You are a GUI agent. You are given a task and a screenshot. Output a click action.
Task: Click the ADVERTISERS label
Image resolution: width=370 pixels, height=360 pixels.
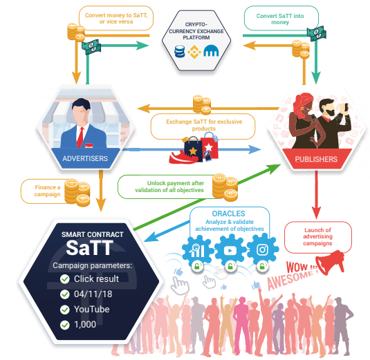coord(85,158)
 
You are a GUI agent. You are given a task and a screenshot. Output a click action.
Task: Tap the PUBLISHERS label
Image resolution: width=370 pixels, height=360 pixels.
coord(316,159)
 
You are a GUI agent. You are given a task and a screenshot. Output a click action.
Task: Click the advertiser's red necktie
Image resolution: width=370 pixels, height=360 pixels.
coord(80,138)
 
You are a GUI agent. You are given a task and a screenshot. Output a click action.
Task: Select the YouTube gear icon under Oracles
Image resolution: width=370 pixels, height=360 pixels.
coord(230,250)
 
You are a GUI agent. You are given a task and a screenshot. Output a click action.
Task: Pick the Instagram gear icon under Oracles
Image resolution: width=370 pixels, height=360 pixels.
coord(262,250)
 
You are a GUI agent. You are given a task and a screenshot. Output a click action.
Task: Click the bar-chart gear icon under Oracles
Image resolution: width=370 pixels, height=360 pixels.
coord(197,251)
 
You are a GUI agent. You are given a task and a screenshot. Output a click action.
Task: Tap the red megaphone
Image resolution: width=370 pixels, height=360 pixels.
coord(330,262)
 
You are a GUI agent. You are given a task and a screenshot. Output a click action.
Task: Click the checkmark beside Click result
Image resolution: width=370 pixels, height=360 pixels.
coord(64,279)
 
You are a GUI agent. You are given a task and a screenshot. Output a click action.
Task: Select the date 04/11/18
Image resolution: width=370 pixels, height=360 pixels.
coord(93,294)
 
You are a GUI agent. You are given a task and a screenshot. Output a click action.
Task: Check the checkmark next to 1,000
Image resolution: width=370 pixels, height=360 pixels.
coord(64,325)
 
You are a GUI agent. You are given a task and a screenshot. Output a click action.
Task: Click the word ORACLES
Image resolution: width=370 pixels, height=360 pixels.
coord(228,214)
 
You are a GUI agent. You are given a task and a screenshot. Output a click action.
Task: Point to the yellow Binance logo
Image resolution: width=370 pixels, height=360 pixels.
coord(194,52)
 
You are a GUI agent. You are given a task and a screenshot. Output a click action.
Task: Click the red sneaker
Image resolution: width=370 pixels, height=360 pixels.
coord(183,158)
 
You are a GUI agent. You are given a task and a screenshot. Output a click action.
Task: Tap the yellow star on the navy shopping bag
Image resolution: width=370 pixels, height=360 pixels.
coord(193,151)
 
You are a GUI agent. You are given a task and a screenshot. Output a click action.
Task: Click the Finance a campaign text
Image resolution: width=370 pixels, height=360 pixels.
coord(48,191)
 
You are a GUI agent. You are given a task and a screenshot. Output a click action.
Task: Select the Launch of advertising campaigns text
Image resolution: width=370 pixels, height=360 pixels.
coord(317,236)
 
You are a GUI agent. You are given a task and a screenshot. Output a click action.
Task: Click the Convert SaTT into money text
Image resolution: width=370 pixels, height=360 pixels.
coord(280,19)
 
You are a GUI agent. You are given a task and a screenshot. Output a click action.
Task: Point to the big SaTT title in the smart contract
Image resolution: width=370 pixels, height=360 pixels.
coord(89,248)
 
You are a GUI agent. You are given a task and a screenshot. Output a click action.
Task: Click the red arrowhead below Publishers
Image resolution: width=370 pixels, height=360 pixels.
coord(316,213)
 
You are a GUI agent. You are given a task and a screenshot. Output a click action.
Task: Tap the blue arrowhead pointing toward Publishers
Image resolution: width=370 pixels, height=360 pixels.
coord(255,149)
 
